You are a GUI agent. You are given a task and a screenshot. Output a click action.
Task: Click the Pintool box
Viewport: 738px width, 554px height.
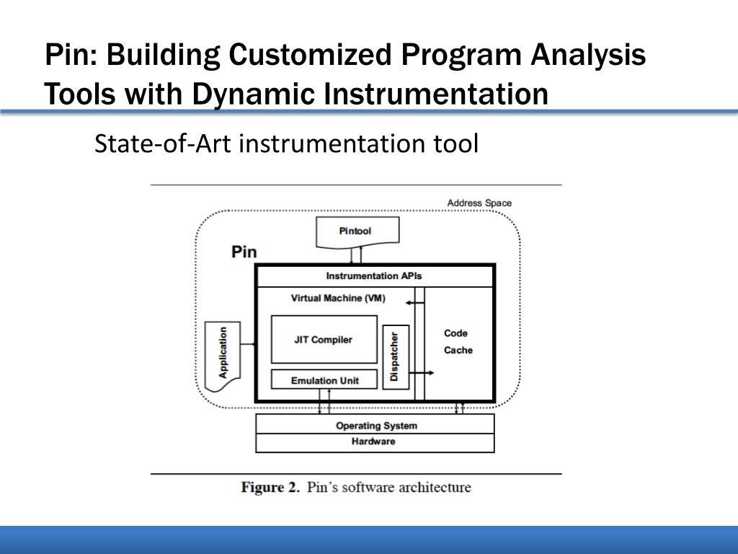point(355,232)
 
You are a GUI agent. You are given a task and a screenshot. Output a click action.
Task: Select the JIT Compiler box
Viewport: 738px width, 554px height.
point(323,339)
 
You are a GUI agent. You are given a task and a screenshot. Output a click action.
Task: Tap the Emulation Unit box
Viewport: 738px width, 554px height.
point(324,380)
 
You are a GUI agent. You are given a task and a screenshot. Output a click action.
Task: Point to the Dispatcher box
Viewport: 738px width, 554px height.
point(394,356)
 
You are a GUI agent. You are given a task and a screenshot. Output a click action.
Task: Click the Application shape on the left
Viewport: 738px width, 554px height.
point(223,353)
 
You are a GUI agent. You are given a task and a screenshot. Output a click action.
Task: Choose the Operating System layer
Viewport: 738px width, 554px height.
point(375,426)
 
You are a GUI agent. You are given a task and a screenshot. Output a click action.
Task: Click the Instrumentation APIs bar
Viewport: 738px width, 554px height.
point(373,276)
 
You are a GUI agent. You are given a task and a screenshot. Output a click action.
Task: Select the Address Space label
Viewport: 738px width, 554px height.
point(479,203)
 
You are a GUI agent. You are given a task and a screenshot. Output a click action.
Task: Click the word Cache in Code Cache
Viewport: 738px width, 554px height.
point(458,351)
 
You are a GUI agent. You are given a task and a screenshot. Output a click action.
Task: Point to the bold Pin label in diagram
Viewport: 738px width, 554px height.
point(244,252)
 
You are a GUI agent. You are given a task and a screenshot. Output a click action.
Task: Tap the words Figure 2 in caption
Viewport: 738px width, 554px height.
point(270,488)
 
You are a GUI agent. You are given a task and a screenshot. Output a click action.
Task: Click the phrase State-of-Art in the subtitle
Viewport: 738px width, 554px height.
point(164,144)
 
